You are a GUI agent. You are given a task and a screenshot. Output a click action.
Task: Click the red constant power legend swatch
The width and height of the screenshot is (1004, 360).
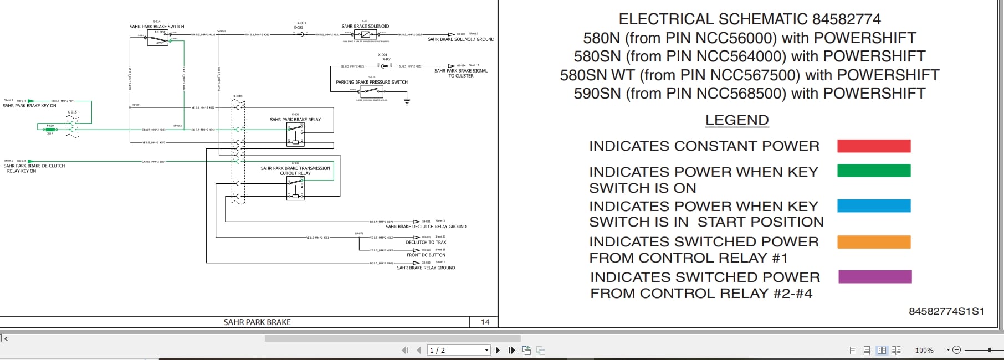(x=874, y=146)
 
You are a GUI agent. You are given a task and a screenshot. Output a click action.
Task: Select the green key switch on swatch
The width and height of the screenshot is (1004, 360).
(x=874, y=171)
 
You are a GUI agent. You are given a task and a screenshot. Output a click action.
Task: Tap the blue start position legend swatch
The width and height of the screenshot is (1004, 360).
(x=874, y=206)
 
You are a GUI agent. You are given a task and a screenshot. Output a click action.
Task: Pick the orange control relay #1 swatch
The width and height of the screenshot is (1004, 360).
(x=874, y=242)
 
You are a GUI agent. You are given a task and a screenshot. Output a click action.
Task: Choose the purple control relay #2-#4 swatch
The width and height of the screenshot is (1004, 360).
(x=875, y=277)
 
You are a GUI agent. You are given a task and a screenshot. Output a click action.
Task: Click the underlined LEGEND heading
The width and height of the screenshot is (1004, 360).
(x=737, y=120)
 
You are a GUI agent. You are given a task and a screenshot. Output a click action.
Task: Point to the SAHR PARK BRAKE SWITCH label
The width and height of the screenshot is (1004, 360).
(x=157, y=27)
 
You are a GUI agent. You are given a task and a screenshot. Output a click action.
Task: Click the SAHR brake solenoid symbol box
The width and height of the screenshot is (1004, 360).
(x=365, y=34)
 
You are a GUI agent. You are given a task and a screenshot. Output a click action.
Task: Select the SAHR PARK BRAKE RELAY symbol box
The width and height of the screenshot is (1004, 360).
(x=295, y=135)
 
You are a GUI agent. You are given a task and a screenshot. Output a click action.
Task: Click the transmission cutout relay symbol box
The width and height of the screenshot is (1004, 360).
(x=295, y=188)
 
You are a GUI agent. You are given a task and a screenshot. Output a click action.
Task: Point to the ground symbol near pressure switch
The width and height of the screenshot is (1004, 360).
(x=407, y=102)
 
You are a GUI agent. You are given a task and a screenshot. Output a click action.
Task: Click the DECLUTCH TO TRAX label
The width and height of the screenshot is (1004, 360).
(x=426, y=243)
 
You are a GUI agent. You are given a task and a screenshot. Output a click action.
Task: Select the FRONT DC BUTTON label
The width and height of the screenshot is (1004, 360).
(x=426, y=255)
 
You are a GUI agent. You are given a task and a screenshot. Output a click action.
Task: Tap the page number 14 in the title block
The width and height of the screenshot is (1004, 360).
(x=485, y=322)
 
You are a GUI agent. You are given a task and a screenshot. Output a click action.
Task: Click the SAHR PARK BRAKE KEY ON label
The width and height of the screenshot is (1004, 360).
(x=29, y=106)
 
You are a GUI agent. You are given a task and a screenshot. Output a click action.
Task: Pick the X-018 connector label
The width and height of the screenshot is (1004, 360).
(x=238, y=96)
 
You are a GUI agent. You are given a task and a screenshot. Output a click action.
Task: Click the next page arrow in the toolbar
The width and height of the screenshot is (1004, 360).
(x=498, y=350)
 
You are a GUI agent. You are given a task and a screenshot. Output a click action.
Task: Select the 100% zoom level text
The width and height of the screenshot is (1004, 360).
(x=924, y=351)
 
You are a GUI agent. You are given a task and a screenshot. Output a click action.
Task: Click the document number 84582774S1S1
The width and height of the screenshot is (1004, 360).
(x=946, y=311)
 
